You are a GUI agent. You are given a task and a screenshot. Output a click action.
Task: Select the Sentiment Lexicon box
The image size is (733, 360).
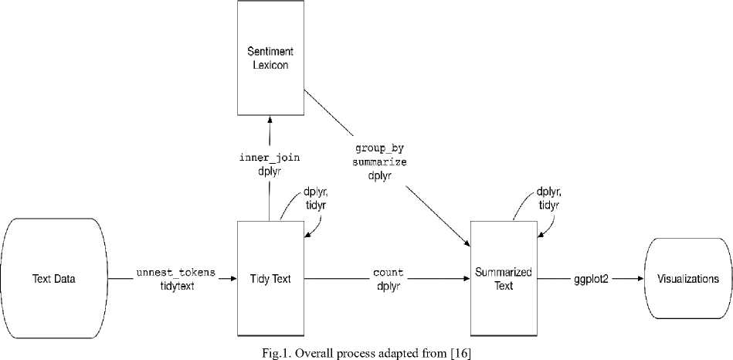click(270, 58)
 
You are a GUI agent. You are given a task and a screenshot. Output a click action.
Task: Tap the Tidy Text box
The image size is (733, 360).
click(270, 279)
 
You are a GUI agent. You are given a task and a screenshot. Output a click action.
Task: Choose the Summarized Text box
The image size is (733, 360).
click(504, 279)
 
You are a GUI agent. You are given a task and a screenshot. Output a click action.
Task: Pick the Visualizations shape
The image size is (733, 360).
click(688, 279)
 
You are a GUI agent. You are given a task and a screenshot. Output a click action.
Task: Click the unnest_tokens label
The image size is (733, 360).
click(175, 273)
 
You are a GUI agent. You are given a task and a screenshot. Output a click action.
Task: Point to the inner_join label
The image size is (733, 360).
click(269, 158)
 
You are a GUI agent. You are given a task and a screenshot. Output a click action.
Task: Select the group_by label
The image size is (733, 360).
click(379, 147)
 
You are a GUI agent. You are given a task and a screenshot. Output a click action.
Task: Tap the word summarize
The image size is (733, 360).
click(379, 162)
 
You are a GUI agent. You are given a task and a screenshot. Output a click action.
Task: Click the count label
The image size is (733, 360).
click(388, 273)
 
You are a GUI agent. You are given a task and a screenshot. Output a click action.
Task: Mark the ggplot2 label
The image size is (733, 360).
click(591, 279)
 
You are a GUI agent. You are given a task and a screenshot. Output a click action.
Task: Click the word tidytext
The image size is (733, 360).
click(175, 285)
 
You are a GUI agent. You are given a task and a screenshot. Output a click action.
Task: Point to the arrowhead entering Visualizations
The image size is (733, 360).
click(640, 279)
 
